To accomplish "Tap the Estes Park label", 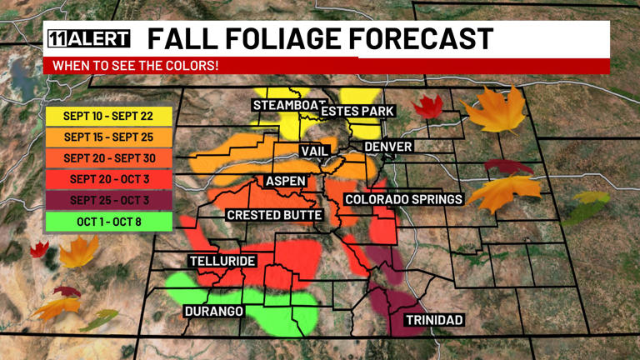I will pos(357,111).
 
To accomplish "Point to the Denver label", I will pos(388,147).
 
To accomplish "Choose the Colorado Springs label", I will pos(403,199).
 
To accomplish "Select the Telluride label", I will pos(222,261).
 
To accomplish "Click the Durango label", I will pos(214,312).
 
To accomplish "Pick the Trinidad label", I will pos(433,320).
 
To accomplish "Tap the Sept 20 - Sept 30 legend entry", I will pos(108,157).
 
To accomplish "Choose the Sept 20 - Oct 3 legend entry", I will pos(108,179).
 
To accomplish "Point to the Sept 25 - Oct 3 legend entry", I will pos(108,200).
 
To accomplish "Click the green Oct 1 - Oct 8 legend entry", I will pos(108,222).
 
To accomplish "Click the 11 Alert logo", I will pos(89,39).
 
